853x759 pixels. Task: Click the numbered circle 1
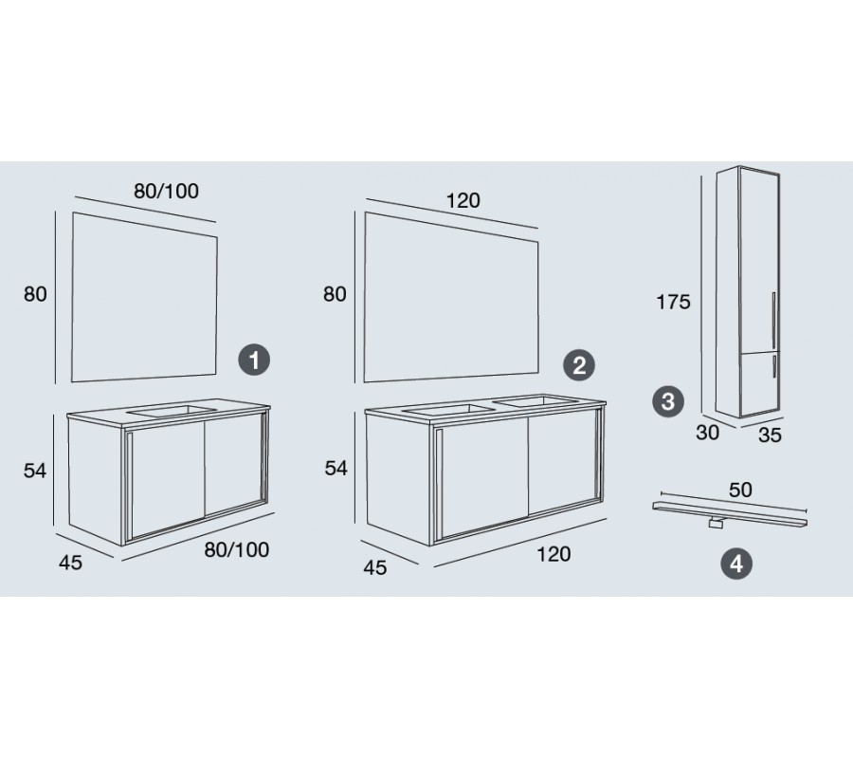pos(254,360)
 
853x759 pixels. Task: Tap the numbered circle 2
pos(579,365)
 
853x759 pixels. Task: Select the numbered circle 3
pos(668,402)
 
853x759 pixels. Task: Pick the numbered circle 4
pos(736,564)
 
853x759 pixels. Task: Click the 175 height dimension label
pos(673,302)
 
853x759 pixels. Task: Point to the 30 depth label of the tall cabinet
pos(707,433)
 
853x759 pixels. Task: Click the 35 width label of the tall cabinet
pos(770,435)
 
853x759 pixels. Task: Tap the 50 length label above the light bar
pos(740,490)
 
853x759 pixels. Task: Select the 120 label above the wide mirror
pos(463,201)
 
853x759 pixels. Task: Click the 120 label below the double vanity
pos(554,554)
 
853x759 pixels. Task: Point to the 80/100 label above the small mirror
pos(167,191)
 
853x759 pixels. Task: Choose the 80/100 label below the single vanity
pos(237,550)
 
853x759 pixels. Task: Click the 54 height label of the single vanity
pos(35,471)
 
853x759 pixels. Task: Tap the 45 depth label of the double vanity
pos(374,568)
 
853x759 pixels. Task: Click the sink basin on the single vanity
pos(172,411)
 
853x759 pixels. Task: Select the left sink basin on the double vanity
pos(448,410)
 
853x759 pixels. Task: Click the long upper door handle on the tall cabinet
pos(773,319)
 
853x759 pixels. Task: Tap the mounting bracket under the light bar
pos(716,524)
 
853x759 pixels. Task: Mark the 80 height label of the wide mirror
pos(335,294)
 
